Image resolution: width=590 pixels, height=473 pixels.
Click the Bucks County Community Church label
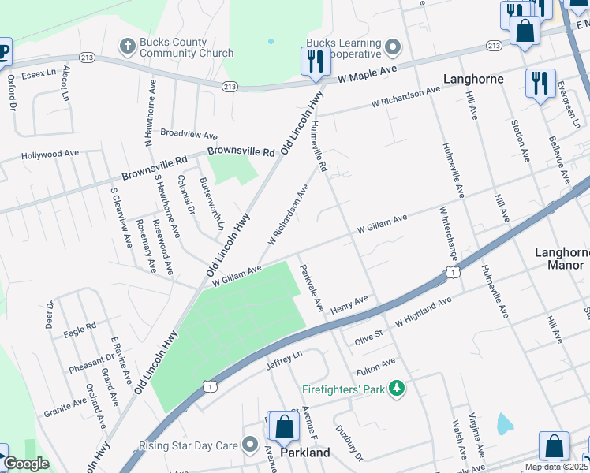pos(187,48)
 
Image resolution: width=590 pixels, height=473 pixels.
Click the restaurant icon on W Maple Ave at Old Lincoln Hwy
pos(315,61)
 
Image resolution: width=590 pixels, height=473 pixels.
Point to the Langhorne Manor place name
pos(561,259)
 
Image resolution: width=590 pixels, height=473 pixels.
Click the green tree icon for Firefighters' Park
pos(398,389)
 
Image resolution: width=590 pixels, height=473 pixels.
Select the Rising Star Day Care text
pos(188,445)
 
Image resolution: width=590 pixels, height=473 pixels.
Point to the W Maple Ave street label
pos(367,75)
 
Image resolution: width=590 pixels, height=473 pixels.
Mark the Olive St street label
pos(368,334)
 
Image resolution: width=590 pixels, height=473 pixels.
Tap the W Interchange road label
pos(448,233)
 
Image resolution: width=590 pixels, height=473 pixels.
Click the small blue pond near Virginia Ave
pos(505,424)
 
